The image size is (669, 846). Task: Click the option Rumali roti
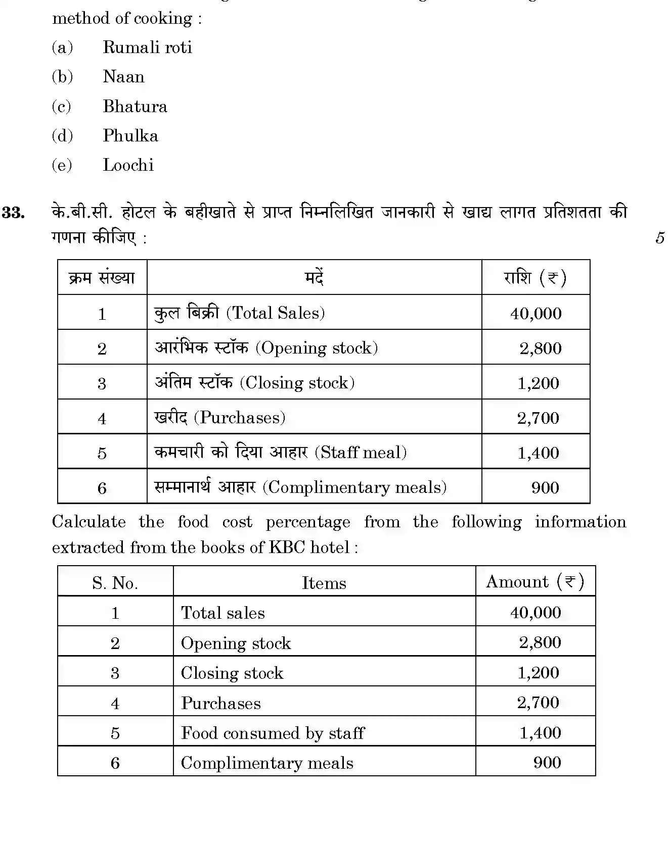coord(147,47)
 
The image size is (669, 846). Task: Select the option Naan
coord(123,77)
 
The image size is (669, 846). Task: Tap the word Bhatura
coord(135,107)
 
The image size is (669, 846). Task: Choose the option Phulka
coord(130,136)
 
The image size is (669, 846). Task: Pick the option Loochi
coord(128,165)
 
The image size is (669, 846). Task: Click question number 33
coord(14,213)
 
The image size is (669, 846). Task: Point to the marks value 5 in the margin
coord(659,237)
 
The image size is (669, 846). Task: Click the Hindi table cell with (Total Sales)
coord(239,313)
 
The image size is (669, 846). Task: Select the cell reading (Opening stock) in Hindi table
coord(266,348)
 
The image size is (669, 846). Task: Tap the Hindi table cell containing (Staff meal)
coord(281,453)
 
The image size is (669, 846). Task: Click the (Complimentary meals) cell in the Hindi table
coord(300,487)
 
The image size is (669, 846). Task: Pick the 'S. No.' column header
coord(115,583)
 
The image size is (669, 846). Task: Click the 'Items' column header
coord(324,583)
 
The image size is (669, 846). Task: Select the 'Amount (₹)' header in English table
coord(534,582)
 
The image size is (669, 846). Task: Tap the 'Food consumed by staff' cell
coord(272,733)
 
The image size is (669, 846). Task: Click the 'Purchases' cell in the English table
coord(220,703)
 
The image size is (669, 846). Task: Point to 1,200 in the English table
coord(538,673)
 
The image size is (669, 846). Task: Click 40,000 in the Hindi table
coord(536,314)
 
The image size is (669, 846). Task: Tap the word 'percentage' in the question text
coord(307,522)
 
